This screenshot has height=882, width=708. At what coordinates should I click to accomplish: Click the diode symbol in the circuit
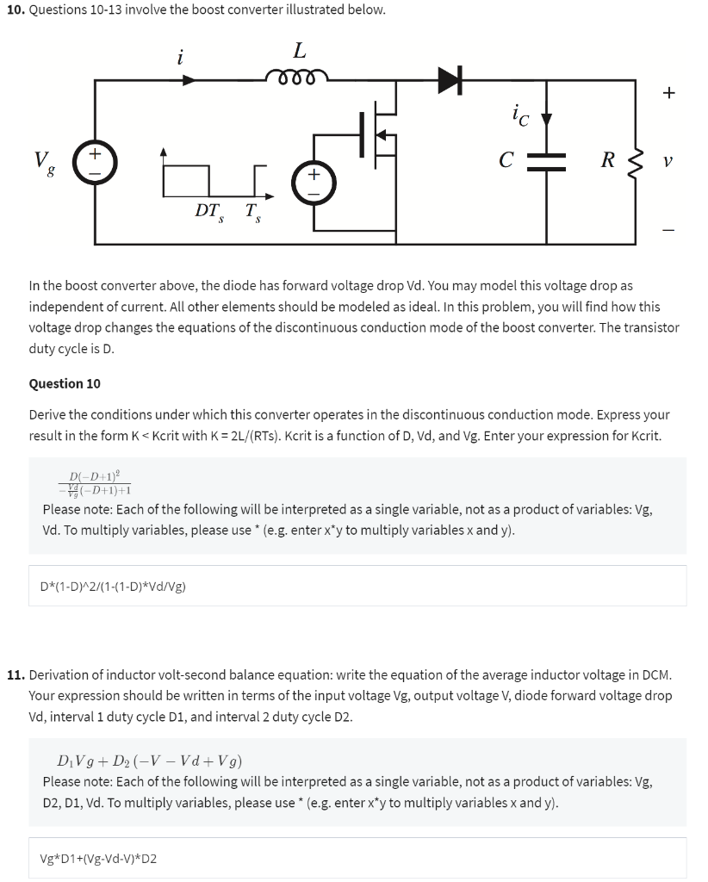450,80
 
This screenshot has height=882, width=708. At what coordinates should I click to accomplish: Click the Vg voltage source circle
95,161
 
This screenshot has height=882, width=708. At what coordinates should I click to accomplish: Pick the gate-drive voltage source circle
313,181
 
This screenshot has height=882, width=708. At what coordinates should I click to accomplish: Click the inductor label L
299,51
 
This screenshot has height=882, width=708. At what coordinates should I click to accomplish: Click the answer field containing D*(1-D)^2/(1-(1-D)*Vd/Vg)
357,586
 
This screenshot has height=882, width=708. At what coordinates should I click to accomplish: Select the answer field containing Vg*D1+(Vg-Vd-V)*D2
357,858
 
